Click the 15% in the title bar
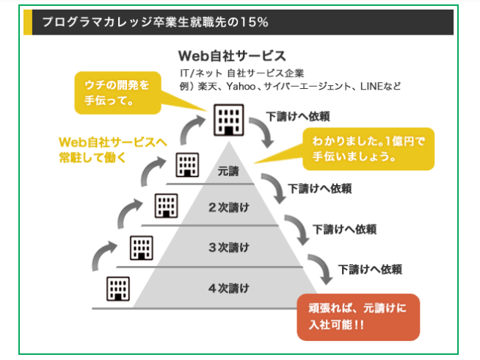pos(252,22)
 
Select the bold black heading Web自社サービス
pos(231,56)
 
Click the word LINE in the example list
pos(374,87)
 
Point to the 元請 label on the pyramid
pos(228,172)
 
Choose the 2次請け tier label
pos(228,207)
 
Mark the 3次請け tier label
pos(228,246)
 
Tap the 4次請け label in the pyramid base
pos(228,287)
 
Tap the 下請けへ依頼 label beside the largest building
pos(297,116)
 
